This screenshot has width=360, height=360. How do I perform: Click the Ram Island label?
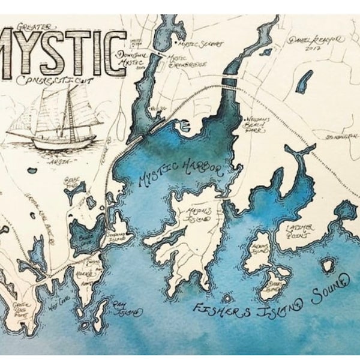pos(127,308)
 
